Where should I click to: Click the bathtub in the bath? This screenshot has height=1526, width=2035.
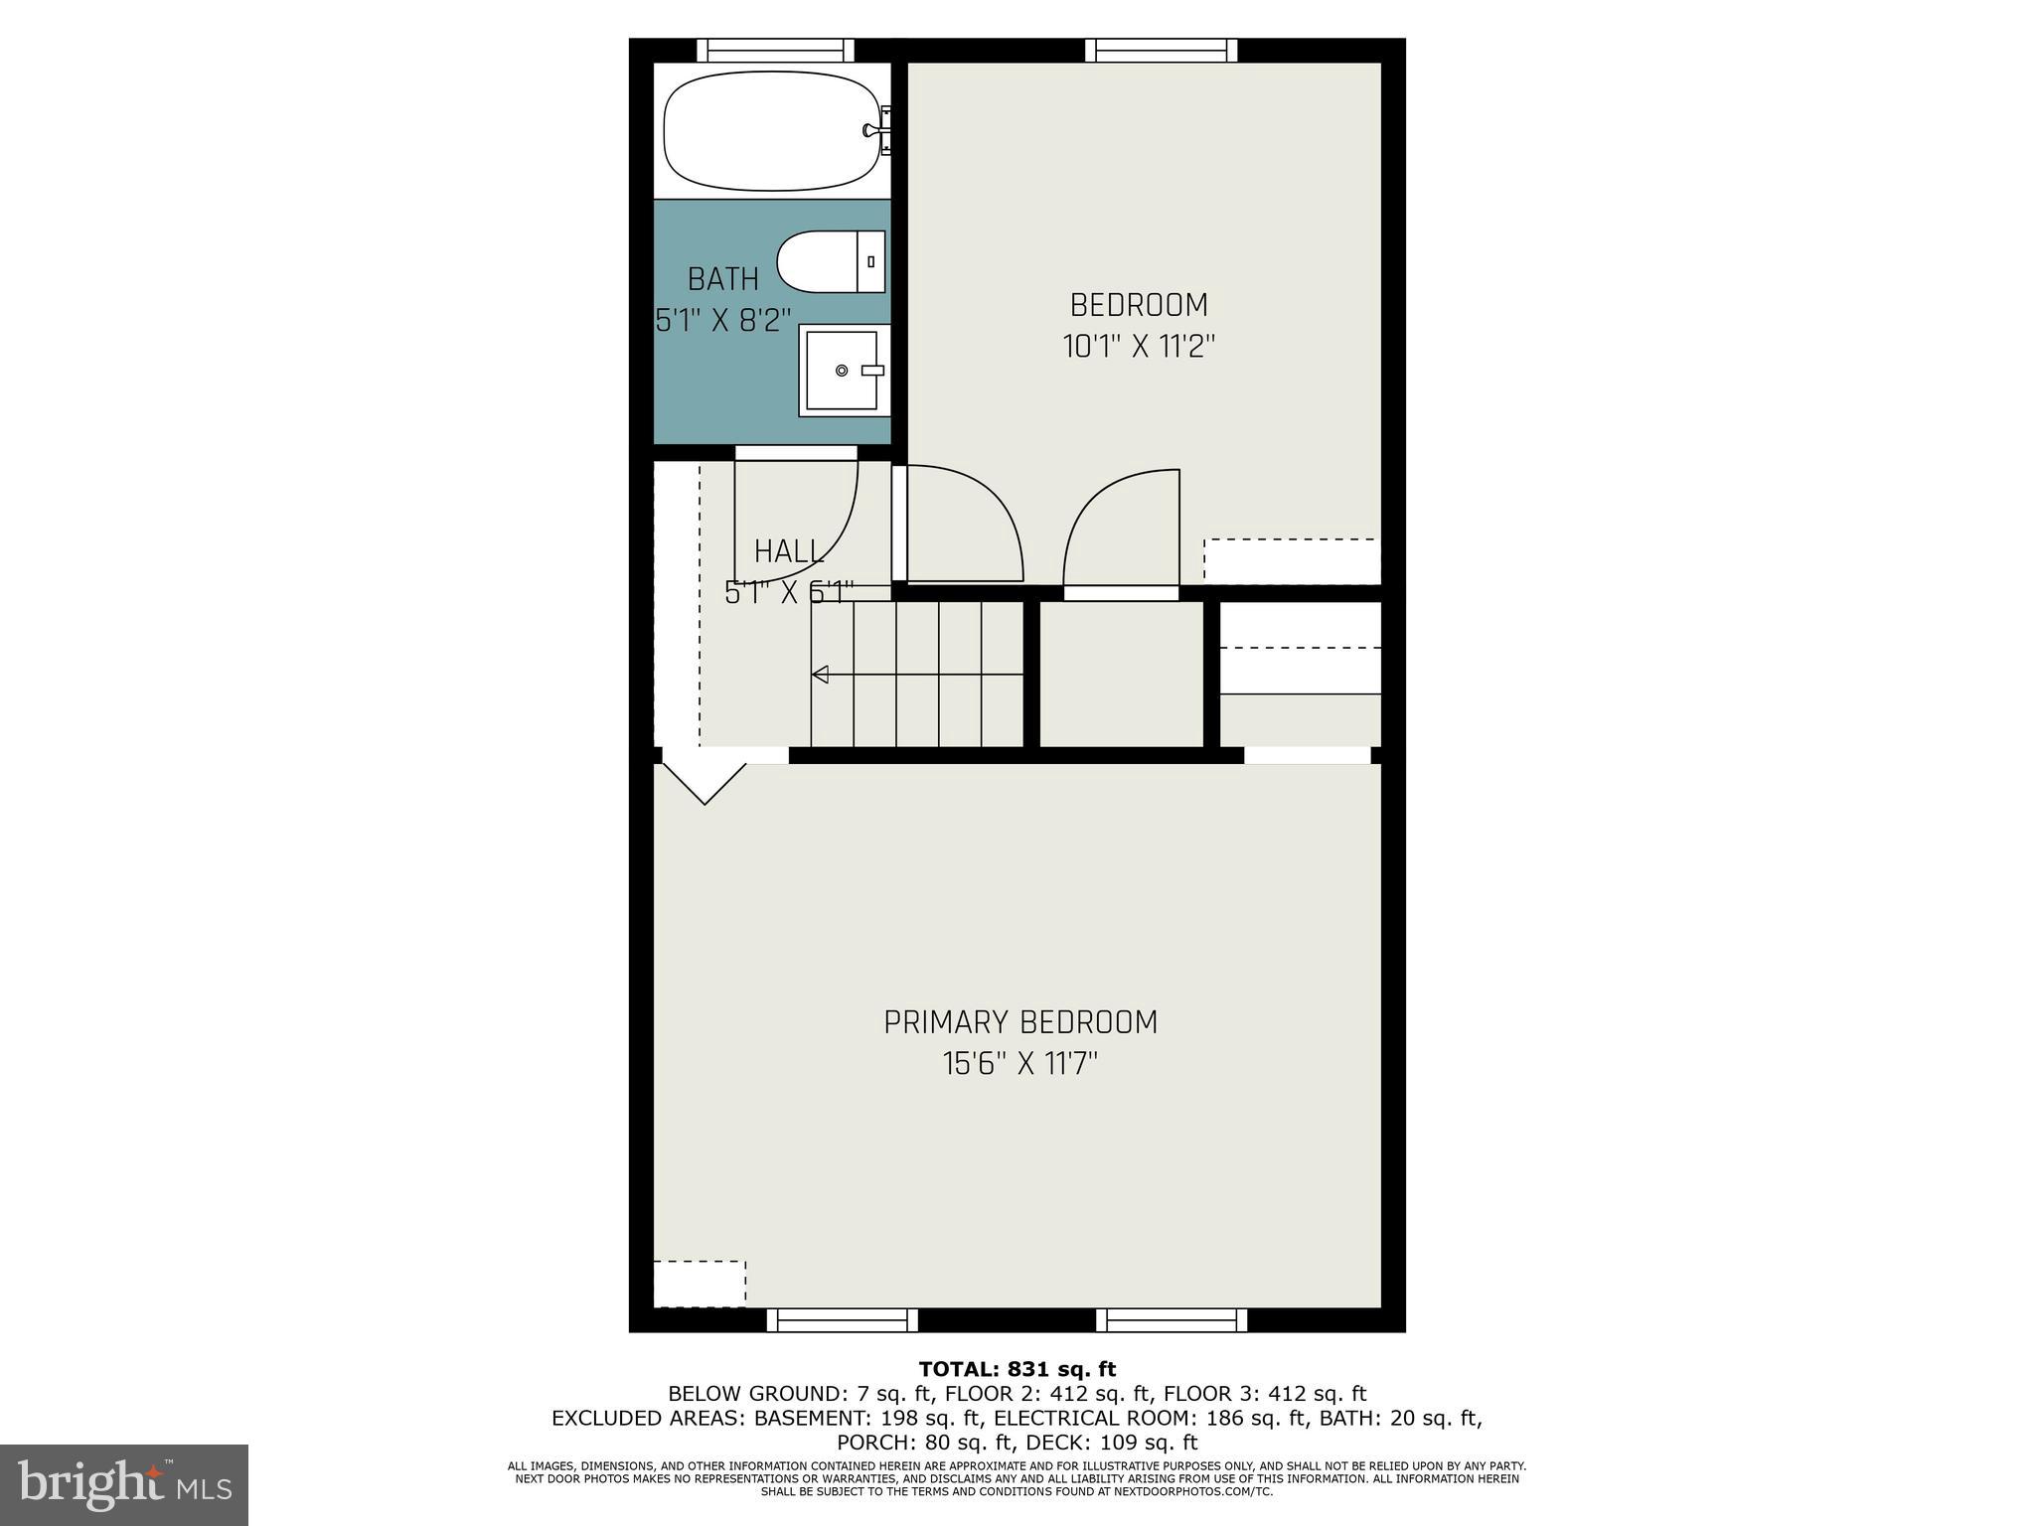click(771, 130)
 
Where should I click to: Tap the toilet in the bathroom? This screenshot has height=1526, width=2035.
click(831, 262)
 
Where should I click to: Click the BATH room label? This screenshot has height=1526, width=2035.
click(723, 279)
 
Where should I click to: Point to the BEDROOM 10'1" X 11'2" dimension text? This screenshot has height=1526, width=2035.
click(1139, 347)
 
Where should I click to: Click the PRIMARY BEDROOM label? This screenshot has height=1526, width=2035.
click(1020, 1022)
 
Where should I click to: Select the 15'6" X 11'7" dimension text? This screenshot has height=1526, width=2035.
click(1020, 1065)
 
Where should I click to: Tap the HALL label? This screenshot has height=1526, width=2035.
click(789, 551)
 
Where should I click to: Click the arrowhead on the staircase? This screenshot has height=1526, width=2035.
click(820, 675)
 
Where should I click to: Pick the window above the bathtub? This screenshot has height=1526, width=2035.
click(775, 50)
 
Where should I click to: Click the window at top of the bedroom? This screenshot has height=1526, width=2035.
click(1161, 50)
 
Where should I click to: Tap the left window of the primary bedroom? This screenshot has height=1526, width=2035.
click(842, 1319)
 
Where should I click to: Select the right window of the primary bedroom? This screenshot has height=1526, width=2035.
click(1172, 1319)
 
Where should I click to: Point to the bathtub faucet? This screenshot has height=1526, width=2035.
click(874, 130)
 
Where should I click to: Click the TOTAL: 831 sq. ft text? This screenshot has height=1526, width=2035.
click(1017, 1370)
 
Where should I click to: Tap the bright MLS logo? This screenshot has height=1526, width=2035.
click(124, 1484)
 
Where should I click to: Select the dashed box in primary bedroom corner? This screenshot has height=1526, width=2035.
click(700, 1284)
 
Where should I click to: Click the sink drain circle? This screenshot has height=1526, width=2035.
click(842, 371)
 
